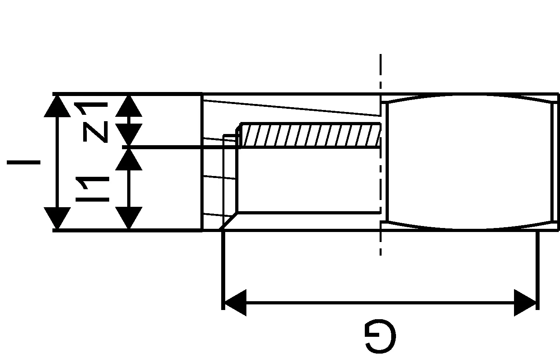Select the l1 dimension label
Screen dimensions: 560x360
tap(92, 189)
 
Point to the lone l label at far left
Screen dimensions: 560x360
tap(24, 162)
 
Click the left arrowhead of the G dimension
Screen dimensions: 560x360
tap(236, 303)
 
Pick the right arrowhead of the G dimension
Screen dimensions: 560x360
tap(525, 303)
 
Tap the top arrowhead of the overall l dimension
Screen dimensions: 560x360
tap(57, 106)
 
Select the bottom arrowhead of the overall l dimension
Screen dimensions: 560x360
tap(57, 218)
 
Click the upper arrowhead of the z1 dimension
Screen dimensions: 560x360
tap(129, 106)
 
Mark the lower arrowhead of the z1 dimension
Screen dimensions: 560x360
tap(129, 134)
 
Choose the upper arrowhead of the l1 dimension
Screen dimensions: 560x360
tap(129, 160)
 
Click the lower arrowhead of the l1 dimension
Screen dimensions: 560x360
tap(129, 218)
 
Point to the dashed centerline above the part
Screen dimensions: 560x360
tap(380, 71)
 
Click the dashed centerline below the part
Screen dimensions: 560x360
tap(380, 244)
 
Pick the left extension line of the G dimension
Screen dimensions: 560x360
tap(223, 270)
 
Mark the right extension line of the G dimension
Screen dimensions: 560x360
tap(538, 270)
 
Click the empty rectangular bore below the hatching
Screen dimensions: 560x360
tap(309, 180)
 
